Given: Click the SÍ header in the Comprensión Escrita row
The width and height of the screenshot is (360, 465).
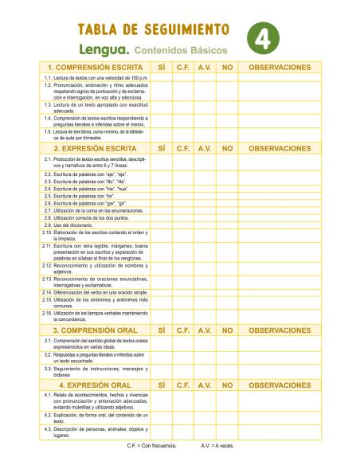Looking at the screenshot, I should [162, 68].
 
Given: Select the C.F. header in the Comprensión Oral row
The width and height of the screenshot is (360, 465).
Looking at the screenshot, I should [182, 330].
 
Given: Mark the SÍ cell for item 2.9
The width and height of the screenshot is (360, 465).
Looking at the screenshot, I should [162, 225].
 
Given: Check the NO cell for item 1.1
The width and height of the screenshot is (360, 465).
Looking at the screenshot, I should [227, 78].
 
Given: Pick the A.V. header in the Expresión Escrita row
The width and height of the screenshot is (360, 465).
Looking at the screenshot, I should [205, 148].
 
